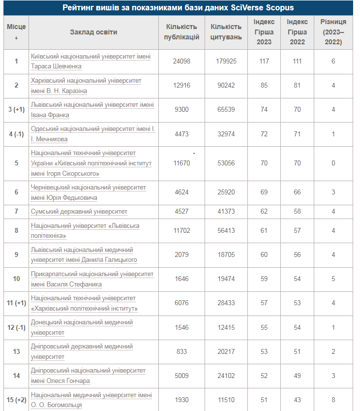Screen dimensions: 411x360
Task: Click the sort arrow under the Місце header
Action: coord(16,38)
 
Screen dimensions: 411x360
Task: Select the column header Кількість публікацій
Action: coord(181,32)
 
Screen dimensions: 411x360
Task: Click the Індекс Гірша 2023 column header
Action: coord(264,32)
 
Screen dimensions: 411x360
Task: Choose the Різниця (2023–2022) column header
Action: coord(333,32)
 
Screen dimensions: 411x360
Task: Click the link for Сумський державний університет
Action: coord(79,211)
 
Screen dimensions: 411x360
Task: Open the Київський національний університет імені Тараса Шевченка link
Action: coord(90,61)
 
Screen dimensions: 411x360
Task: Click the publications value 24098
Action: coord(181,62)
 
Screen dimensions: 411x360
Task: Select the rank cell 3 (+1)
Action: coord(16,110)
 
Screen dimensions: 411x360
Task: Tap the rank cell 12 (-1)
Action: coord(16,327)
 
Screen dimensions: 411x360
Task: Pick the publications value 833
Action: coord(181,351)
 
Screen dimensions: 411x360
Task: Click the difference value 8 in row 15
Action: coord(333,400)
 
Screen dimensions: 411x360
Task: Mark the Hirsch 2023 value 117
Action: coord(264,62)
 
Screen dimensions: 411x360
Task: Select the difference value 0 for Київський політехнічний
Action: coord(333,163)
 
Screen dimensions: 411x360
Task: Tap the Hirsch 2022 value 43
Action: coord(297,400)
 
